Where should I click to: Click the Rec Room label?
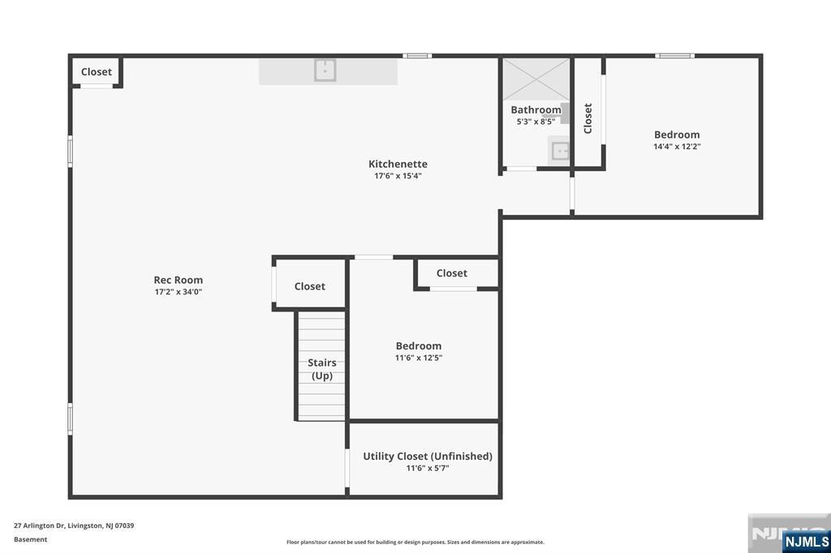[x=178, y=280]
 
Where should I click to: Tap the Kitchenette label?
[x=398, y=164]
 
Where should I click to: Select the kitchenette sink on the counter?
[x=325, y=70]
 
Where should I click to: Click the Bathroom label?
[x=536, y=109]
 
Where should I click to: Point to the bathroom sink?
[x=560, y=151]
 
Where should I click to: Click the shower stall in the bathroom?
[x=536, y=79]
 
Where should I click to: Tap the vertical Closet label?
[x=588, y=118]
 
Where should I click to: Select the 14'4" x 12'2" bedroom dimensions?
[x=677, y=147]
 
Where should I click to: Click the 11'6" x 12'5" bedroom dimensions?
[x=419, y=358]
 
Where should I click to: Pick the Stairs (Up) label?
[x=322, y=369]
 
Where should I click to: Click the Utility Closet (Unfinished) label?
[x=428, y=456]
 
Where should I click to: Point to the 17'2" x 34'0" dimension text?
[x=178, y=292]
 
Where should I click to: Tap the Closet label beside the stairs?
[x=309, y=286]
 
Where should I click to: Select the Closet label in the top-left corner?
[x=97, y=71]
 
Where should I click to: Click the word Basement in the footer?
[x=30, y=539]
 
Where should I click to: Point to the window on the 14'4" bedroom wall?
[x=674, y=56]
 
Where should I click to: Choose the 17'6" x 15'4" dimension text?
[x=398, y=176]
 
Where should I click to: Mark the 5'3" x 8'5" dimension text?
[x=536, y=122]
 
